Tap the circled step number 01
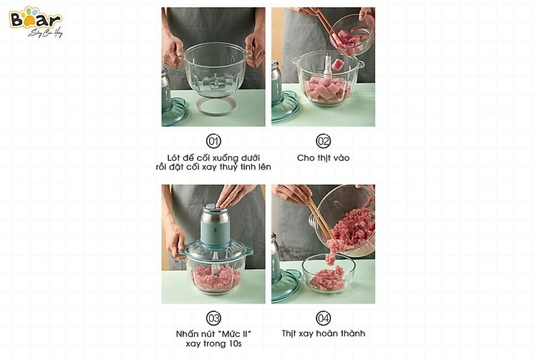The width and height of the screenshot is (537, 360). click(213, 141)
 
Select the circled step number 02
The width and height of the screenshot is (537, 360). click(323, 141)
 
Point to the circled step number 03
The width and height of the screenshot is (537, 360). click(213, 318)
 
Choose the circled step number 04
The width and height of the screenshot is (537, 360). click(323, 318)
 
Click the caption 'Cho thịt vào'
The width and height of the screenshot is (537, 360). click(323, 158)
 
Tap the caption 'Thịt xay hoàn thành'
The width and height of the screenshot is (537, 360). click(324, 334)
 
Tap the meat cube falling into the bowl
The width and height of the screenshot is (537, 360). click(337, 64)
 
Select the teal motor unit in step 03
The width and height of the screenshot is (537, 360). click(214, 224)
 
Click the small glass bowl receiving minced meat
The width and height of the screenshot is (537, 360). click(328, 273)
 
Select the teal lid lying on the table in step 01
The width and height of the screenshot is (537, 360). click(174, 112)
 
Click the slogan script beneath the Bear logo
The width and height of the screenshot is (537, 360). click(45, 33)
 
